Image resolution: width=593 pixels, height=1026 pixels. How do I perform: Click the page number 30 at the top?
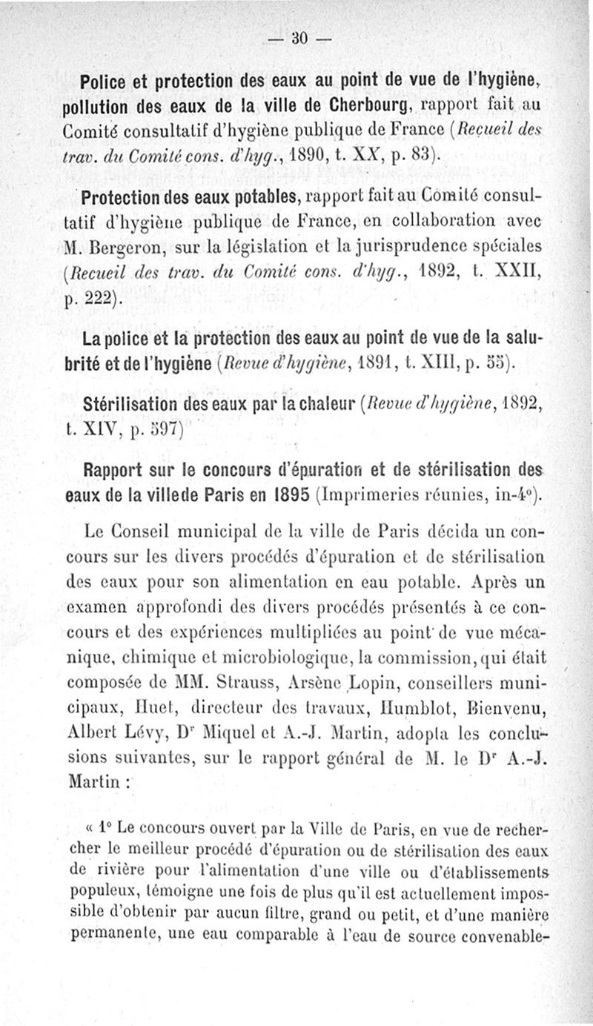(299, 36)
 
